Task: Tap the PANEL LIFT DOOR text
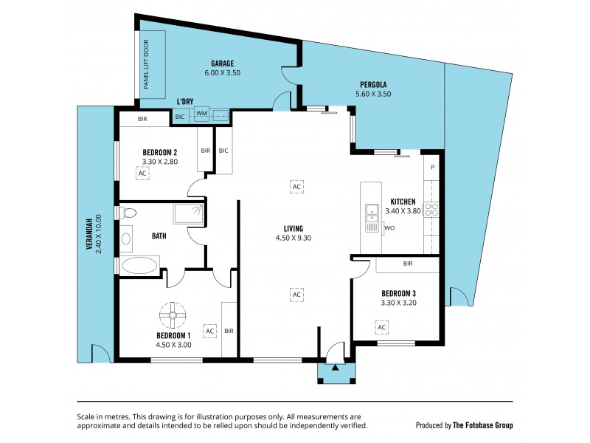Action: tap(146, 65)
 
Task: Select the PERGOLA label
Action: tap(374, 84)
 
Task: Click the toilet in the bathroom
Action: tap(129, 213)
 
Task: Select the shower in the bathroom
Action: tap(188, 214)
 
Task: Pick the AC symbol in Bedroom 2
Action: tap(142, 173)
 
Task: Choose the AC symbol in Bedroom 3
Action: tap(381, 326)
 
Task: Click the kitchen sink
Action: tap(371, 215)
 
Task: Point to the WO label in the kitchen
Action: tap(389, 228)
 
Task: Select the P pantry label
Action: tap(433, 167)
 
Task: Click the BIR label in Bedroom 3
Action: tap(408, 264)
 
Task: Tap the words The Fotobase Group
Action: tap(482, 425)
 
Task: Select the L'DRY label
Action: tap(184, 102)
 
